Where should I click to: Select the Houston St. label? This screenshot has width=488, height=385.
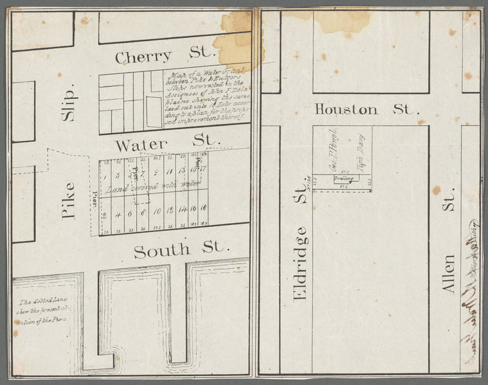pos(365,109)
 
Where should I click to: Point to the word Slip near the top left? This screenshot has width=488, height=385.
pos(68,103)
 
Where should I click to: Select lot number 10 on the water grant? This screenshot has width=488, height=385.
pos(157,211)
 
